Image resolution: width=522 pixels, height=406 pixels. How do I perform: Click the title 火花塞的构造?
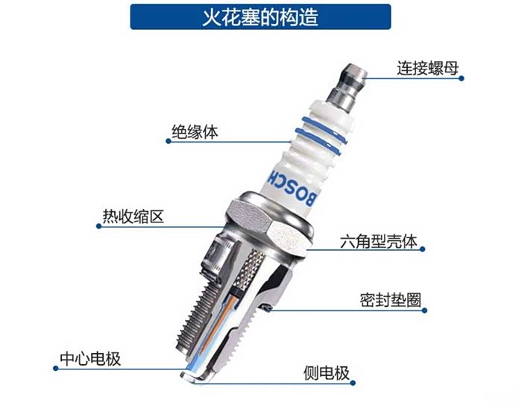pyautogui.click(x=260, y=17)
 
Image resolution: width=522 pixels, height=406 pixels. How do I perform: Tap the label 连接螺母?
pyautogui.click(x=427, y=68)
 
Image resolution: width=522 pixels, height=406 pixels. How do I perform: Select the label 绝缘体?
pyautogui.click(x=195, y=132)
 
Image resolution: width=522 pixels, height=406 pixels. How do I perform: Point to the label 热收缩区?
pyautogui.click(x=133, y=216)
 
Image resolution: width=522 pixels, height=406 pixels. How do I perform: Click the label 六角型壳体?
pyautogui.click(x=379, y=241)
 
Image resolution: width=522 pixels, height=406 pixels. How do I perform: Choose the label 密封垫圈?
pyautogui.click(x=391, y=300)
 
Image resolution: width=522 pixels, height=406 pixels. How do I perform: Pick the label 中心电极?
pyautogui.click(x=90, y=359)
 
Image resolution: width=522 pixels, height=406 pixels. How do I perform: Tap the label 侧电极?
pyautogui.click(x=327, y=373)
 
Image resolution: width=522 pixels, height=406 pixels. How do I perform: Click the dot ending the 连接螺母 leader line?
pyautogui.click(x=462, y=78)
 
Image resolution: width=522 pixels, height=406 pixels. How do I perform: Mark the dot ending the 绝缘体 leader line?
pyautogui.click(x=168, y=141)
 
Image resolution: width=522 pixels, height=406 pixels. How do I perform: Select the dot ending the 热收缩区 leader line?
pyautogui.click(x=98, y=226)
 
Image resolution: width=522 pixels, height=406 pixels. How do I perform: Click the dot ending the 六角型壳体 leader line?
pyautogui.click(x=423, y=249)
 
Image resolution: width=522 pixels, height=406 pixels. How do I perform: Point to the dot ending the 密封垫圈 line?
pyautogui.click(x=424, y=310)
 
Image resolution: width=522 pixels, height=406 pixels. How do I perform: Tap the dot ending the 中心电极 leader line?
pyautogui.click(x=56, y=369)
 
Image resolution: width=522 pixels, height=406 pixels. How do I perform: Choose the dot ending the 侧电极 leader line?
pyautogui.click(x=353, y=383)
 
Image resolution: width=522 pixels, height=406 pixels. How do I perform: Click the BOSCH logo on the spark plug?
pyautogui.click(x=292, y=188)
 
